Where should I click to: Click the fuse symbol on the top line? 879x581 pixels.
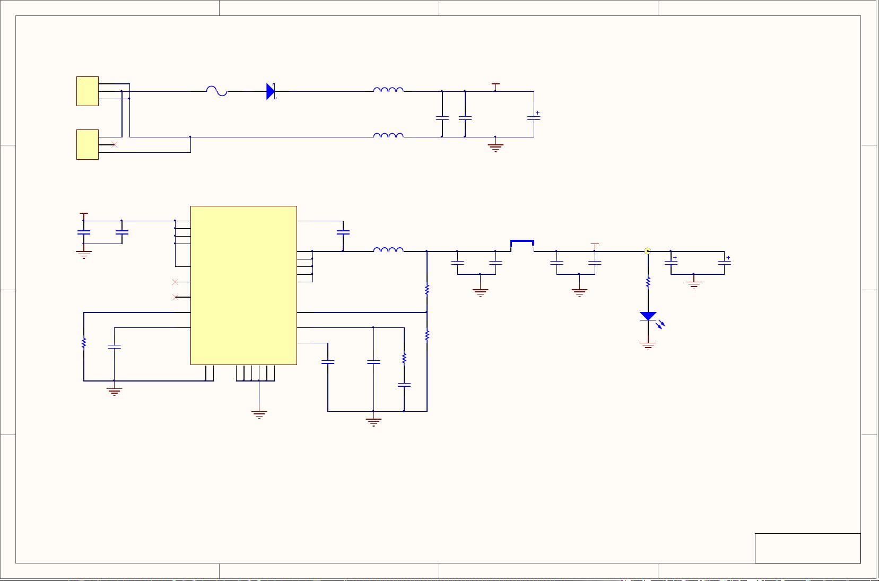[x=216, y=91]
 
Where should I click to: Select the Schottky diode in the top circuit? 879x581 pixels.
[x=271, y=91]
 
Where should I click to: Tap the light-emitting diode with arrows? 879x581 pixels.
[x=648, y=316]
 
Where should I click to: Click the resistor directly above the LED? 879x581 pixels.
[x=648, y=282]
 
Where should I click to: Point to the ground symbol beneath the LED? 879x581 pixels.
[x=648, y=346]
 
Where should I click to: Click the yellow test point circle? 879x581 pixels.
[x=647, y=251]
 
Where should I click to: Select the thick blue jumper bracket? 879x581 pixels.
[x=522, y=243]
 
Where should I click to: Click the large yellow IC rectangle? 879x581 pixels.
[x=243, y=285]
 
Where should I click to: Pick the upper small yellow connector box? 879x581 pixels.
[x=88, y=91]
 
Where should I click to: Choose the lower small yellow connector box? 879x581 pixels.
[x=88, y=144]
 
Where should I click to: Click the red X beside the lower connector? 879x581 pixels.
[x=115, y=144]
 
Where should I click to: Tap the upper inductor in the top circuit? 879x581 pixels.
[x=388, y=90]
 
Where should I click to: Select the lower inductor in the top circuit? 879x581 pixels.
[x=388, y=136]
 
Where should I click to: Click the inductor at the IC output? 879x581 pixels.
[x=388, y=250]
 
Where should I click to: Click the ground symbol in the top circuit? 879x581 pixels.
[x=495, y=147]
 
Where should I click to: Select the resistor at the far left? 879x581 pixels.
[x=84, y=343]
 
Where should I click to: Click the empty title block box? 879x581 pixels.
[x=807, y=548]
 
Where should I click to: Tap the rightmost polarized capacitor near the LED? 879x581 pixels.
[x=725, y=262]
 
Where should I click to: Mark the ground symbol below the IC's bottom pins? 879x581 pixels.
[x=259, y=414]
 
